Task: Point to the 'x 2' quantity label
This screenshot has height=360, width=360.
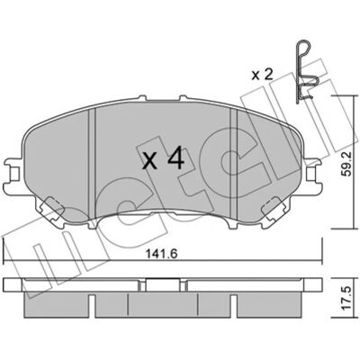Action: tap(263, 75)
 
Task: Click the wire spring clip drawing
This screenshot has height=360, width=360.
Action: tap(303, 71)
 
